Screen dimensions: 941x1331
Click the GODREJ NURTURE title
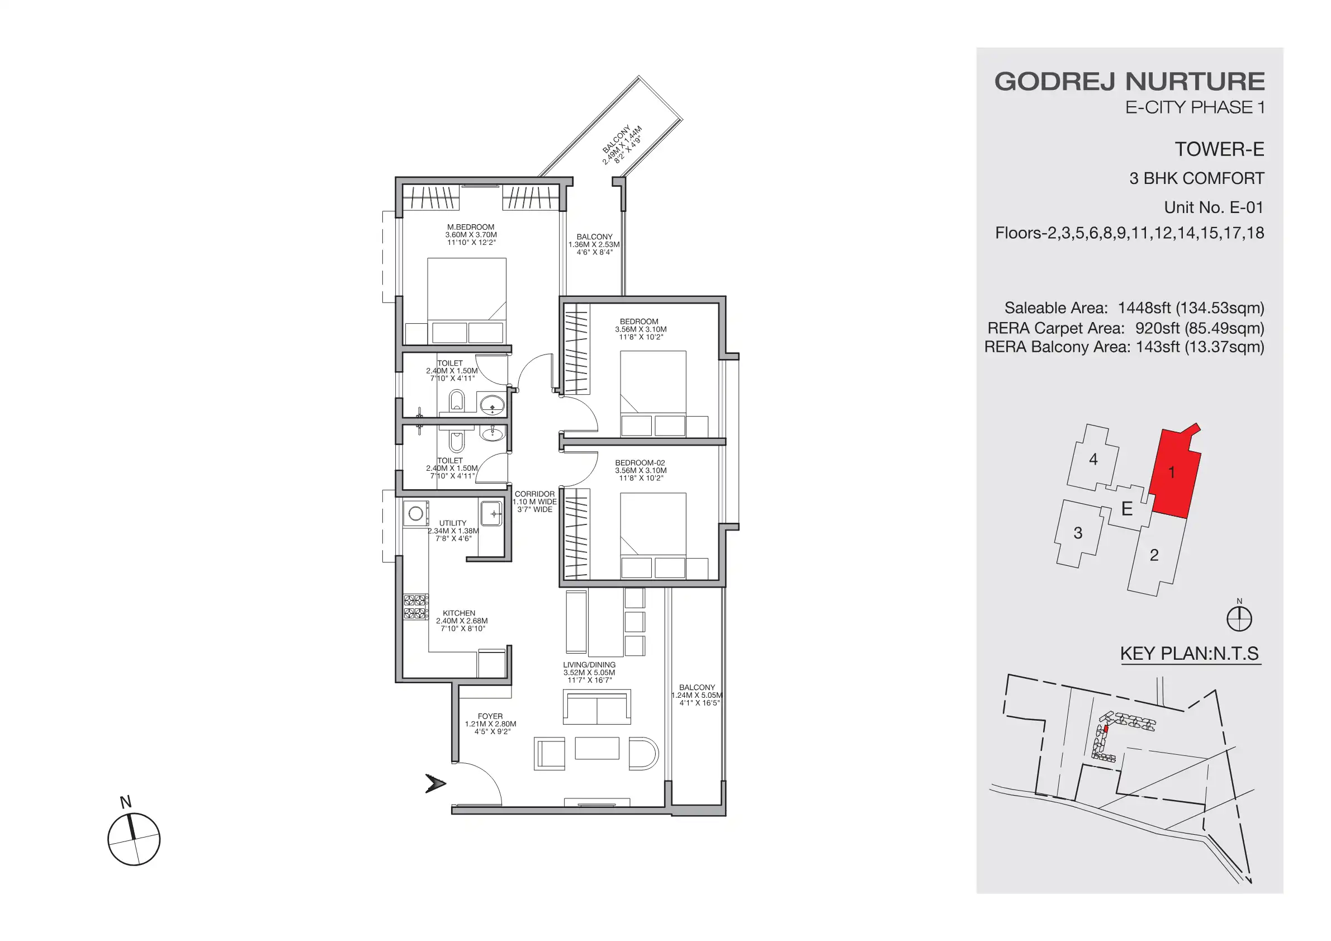[x=1129, y=82]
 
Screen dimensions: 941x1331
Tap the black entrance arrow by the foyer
[x=435, y=783]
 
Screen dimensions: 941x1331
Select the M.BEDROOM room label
[x=470, y=227]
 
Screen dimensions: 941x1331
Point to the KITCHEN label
[x=458, y=613]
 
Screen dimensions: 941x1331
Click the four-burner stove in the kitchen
[x=416, y=607]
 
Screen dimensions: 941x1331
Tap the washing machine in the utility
[x=416, y=514]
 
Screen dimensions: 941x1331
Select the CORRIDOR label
[x=534, y=494]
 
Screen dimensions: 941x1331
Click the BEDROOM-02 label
[x=640, y=463]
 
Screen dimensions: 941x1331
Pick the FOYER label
[x=490, y=716]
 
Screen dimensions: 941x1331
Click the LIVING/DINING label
[x=589, y=665]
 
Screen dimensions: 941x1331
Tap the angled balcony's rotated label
[x=622, y=145]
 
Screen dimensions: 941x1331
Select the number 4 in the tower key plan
[x=1093, y=459]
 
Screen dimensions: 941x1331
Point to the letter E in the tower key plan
[x=1126, y=509]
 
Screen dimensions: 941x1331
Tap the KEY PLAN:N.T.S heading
[x=1189, y=654]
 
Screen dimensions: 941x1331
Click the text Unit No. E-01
[x=1213, y=207]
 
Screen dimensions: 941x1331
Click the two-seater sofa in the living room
[x=596, y=707]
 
